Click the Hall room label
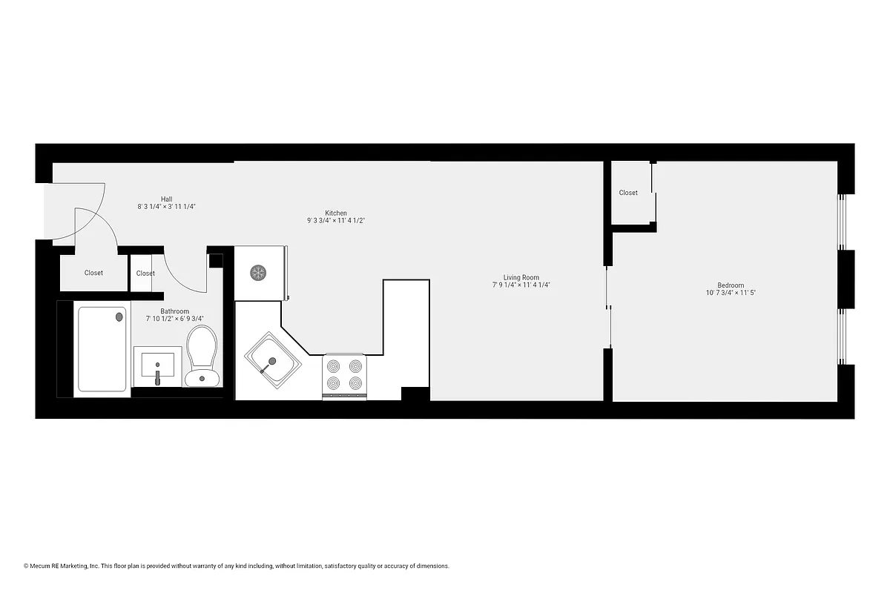coord(166,199)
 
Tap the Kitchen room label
coord(336,213)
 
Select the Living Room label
coord(521,277)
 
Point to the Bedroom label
coord(731,285)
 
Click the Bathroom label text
coord(174,311)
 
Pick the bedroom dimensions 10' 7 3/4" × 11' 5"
coord(731,293)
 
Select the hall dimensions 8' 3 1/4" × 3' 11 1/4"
coord(166,207)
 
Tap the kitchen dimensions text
coord(336,220)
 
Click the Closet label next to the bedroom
coord(628,193)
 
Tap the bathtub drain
coord(119,317)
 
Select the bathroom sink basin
coord(157,365)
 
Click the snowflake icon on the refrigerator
coord(258,273)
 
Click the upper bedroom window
coord(841,222)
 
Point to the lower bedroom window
coord(841,337)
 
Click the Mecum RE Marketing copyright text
coord(237,566)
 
